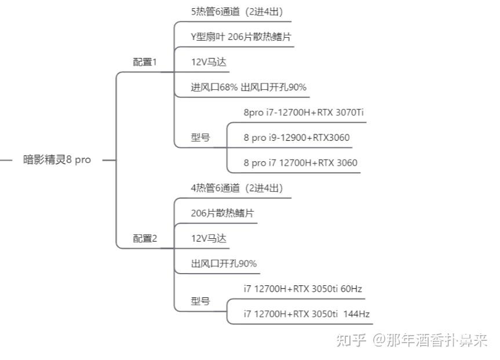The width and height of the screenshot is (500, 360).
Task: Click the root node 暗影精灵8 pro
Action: click(57, 159)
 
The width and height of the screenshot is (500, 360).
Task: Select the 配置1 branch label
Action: click(145, 62)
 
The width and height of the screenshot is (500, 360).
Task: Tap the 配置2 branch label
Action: click(145, 238)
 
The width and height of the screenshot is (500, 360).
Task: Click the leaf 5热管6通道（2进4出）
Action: click(237, 12)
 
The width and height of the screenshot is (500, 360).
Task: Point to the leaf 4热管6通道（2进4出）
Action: click(237, 188)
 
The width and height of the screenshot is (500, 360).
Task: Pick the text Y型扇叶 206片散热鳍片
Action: click(241, 37)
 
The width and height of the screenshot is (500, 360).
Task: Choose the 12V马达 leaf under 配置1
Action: click(209, 62)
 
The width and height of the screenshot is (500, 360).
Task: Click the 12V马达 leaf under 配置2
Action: click(209, 238)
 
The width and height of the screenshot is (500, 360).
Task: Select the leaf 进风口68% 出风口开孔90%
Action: click(249, 87)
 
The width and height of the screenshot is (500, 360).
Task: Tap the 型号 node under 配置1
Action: click(200, 137)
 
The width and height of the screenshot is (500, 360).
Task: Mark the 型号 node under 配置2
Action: click(200, 301)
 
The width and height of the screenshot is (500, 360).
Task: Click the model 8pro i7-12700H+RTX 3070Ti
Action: click(304, 112)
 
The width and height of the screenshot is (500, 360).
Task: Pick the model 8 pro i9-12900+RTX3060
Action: click(297, 137)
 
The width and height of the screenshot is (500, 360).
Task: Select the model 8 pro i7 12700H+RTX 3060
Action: click(300, 163)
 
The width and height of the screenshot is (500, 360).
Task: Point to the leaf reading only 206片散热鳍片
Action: click(222, 213)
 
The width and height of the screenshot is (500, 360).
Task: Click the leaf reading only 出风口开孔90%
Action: click(224, 264)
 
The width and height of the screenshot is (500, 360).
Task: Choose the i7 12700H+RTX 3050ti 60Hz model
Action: click(302, 289)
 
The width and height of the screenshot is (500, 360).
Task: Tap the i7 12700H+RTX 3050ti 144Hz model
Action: click(306, 314)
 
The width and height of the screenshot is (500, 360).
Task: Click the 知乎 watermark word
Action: click(351, 340)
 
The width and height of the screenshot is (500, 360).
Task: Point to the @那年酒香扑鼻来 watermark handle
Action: click(430, 340)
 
